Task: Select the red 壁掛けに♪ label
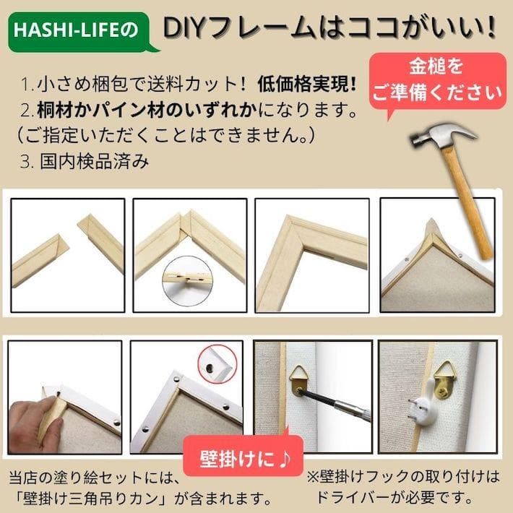tap(242, 457)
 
